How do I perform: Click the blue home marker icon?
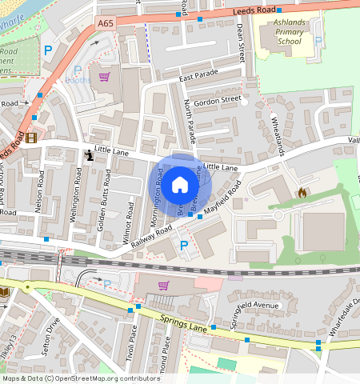[180, 185]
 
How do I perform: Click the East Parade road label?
[198, 78]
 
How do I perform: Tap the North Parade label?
[189, 117]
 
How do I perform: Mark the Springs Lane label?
[183, 322]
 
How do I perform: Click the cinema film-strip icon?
[30, 138]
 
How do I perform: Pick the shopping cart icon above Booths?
[104, 77]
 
